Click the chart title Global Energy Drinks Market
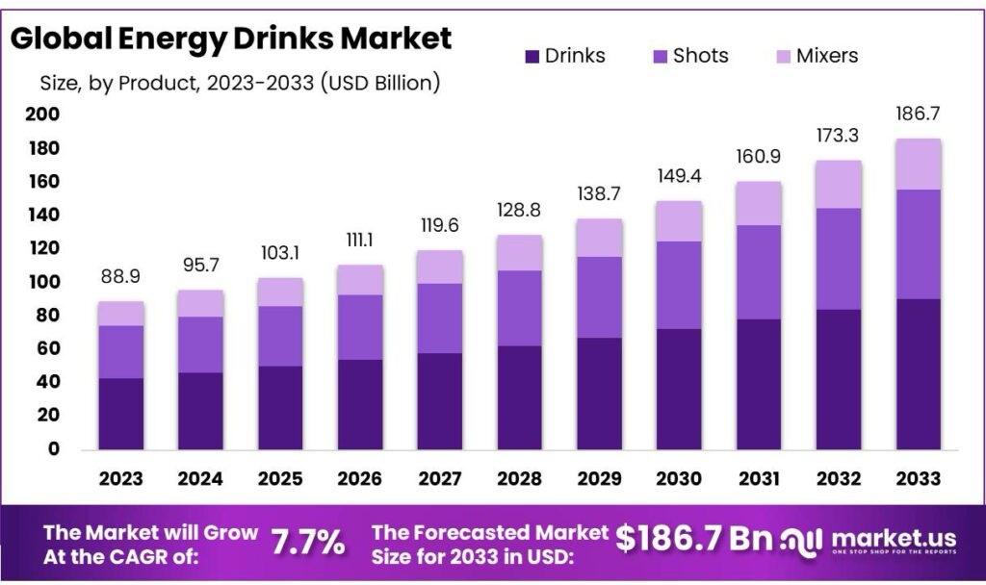coord(231,39)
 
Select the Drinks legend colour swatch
coord(532,56)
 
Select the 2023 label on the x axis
coord(120,478)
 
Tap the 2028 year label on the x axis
coord(520,478)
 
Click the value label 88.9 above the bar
coord(120,276)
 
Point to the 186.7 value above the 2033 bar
coord(919,114)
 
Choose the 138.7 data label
coord(600,194)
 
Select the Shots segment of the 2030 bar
coord(680,285)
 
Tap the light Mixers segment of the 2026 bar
coord(360,280)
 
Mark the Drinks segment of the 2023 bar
coord(120,414)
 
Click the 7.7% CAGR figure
coord(307,543)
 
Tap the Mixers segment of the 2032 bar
coord(839,184)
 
